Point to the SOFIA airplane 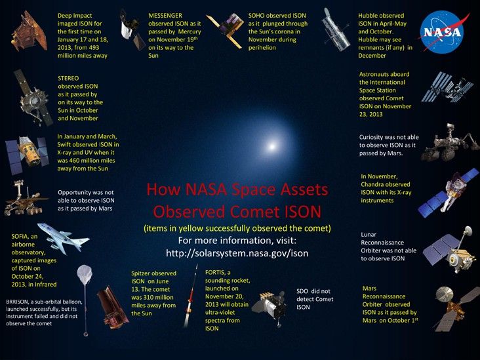tap(68, 239)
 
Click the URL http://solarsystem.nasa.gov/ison tap(237, 252)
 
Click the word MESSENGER tap(165, 14)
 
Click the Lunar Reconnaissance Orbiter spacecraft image tap(448, 250)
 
